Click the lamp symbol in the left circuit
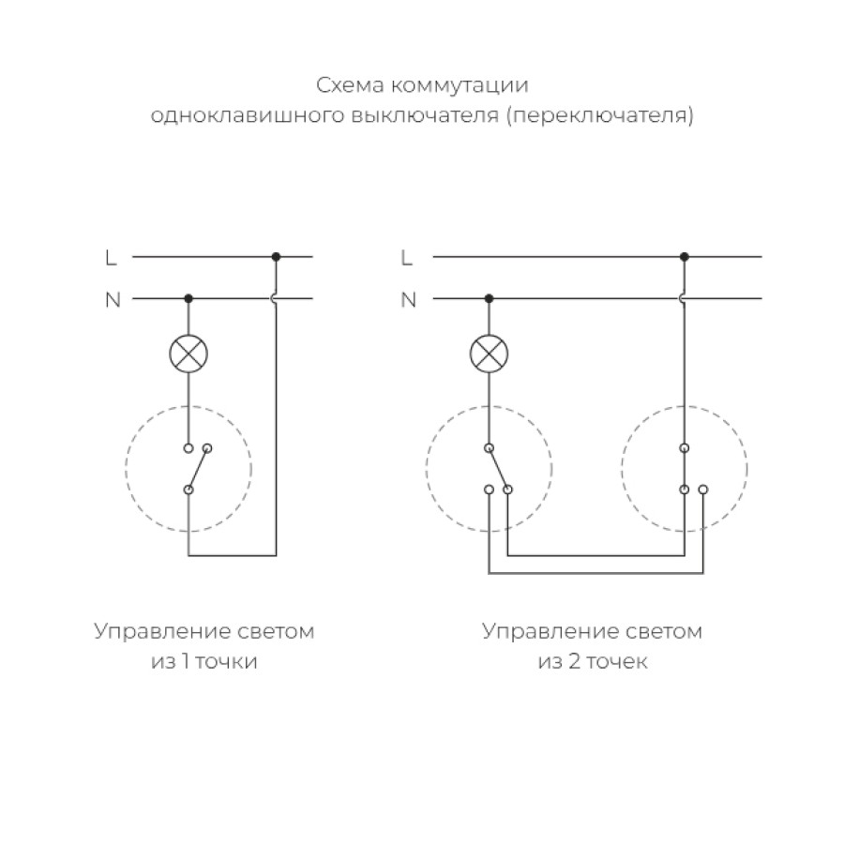(x=188, y=354)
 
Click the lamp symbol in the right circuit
(x=489, y=354)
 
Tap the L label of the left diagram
(x=111, y=259)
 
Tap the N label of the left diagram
(x=113, y=300)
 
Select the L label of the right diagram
(x=406, y=259)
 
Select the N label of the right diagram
(x=409, y=300)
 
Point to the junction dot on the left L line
(x=276, y=257)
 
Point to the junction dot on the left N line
(x=188, y=298)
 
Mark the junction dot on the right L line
(x=685, y=257)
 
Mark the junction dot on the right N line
(x=489, y=298)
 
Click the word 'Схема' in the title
(x=350, y=85)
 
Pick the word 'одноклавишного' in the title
(x=247, y=115)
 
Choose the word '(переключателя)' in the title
(x=599, y=115)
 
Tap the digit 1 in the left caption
(x=186, y=661)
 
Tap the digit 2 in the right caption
(x=575, y=661)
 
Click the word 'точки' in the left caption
(x=227, y=662)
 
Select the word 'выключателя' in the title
(x=425, y=115)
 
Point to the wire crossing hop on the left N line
(x=274, y=298)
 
